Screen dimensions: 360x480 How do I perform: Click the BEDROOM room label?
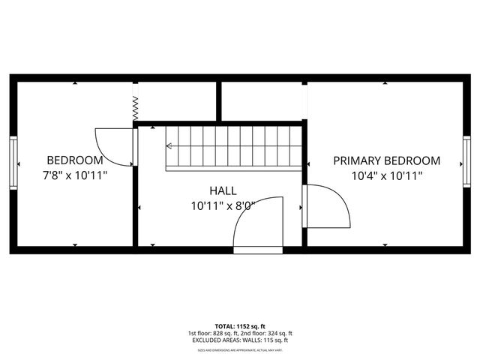coord(75,160)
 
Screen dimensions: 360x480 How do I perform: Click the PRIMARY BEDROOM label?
coord(387,160)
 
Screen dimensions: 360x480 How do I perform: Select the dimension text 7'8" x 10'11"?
coord(75,175)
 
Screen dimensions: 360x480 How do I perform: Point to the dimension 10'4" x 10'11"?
coord(387,175)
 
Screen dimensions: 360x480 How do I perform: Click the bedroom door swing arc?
coord(113,146)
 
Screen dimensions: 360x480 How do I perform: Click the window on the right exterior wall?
coord(466,163)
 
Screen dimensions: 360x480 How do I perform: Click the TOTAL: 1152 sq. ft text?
coord(240,327)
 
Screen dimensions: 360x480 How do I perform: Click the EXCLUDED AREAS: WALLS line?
coord(240,340)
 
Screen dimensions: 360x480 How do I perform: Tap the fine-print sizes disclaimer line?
coord(240,349)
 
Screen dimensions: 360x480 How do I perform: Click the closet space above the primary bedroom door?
coord(262,100)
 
